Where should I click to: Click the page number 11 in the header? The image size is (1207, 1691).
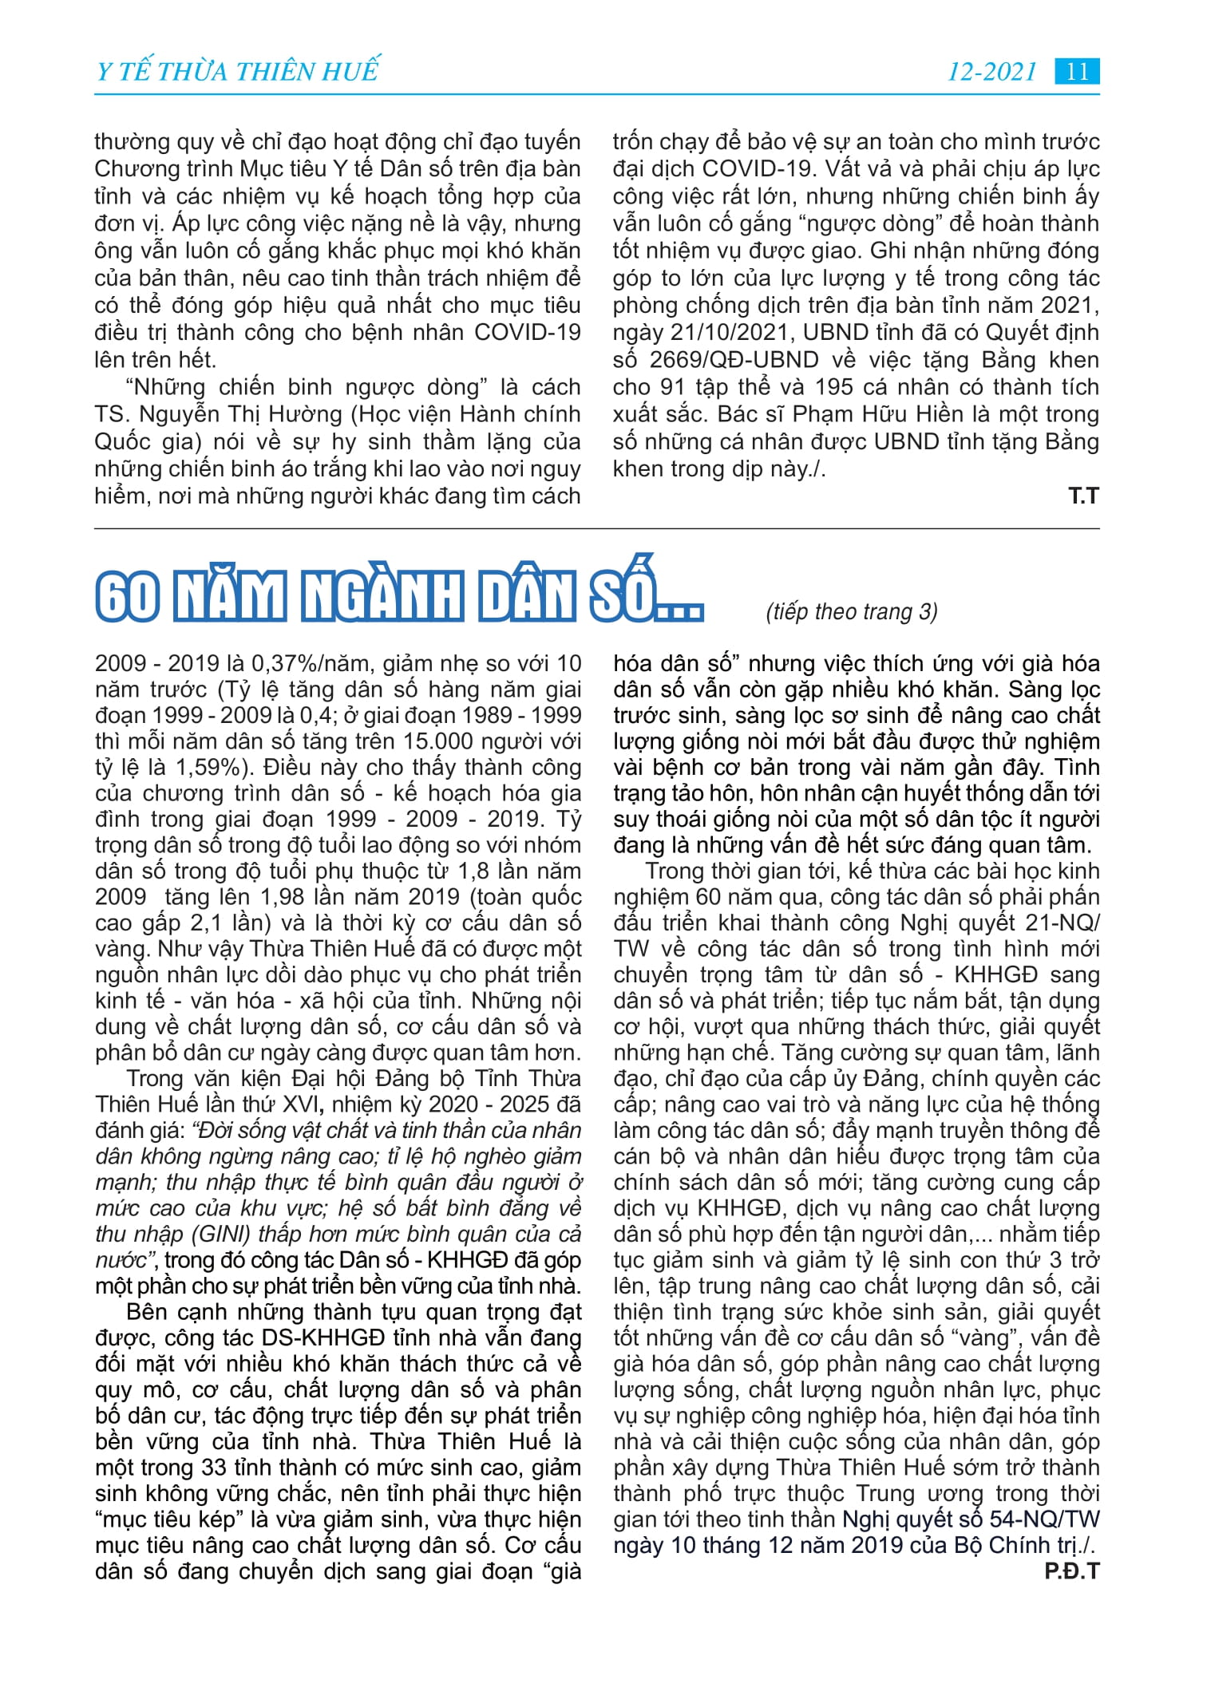pyautogui.click(x=1077, y=72)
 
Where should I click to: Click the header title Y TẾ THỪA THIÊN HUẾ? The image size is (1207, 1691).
pyautogui.click(x=237, y=72)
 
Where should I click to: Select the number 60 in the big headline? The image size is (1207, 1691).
pyautogui.click(x=128, y=597)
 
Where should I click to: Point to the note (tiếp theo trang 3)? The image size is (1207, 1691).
pyautogui.click(x=851, y=611)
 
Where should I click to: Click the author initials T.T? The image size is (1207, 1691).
pyautogui.click(x=1083, y=496)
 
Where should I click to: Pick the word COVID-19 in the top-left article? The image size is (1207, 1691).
pyautogui.click(x=527, y=333)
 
